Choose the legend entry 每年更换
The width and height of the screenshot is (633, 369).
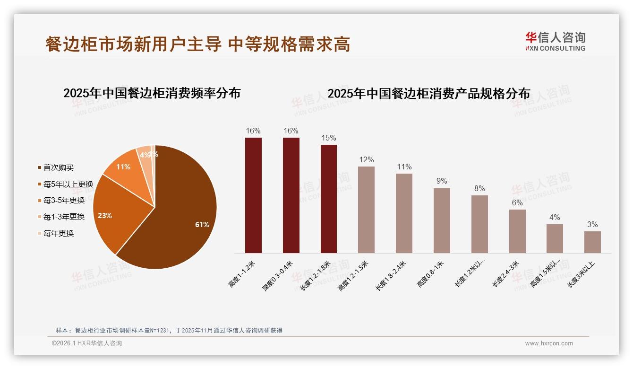coord(59,233)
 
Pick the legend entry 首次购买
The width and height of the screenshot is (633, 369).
coord(59,168)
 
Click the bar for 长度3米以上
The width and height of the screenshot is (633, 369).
coord(592,242)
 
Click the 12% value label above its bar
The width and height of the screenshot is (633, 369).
coord(367,160)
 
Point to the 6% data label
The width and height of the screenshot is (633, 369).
coord(517,203)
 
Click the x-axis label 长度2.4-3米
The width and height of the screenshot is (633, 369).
coord(506,274)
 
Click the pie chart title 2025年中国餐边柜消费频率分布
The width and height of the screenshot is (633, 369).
coord(152,93)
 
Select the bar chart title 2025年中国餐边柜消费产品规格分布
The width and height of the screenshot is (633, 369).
coord(428,93)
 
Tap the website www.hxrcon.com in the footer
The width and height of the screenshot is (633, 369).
coord(549,343)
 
